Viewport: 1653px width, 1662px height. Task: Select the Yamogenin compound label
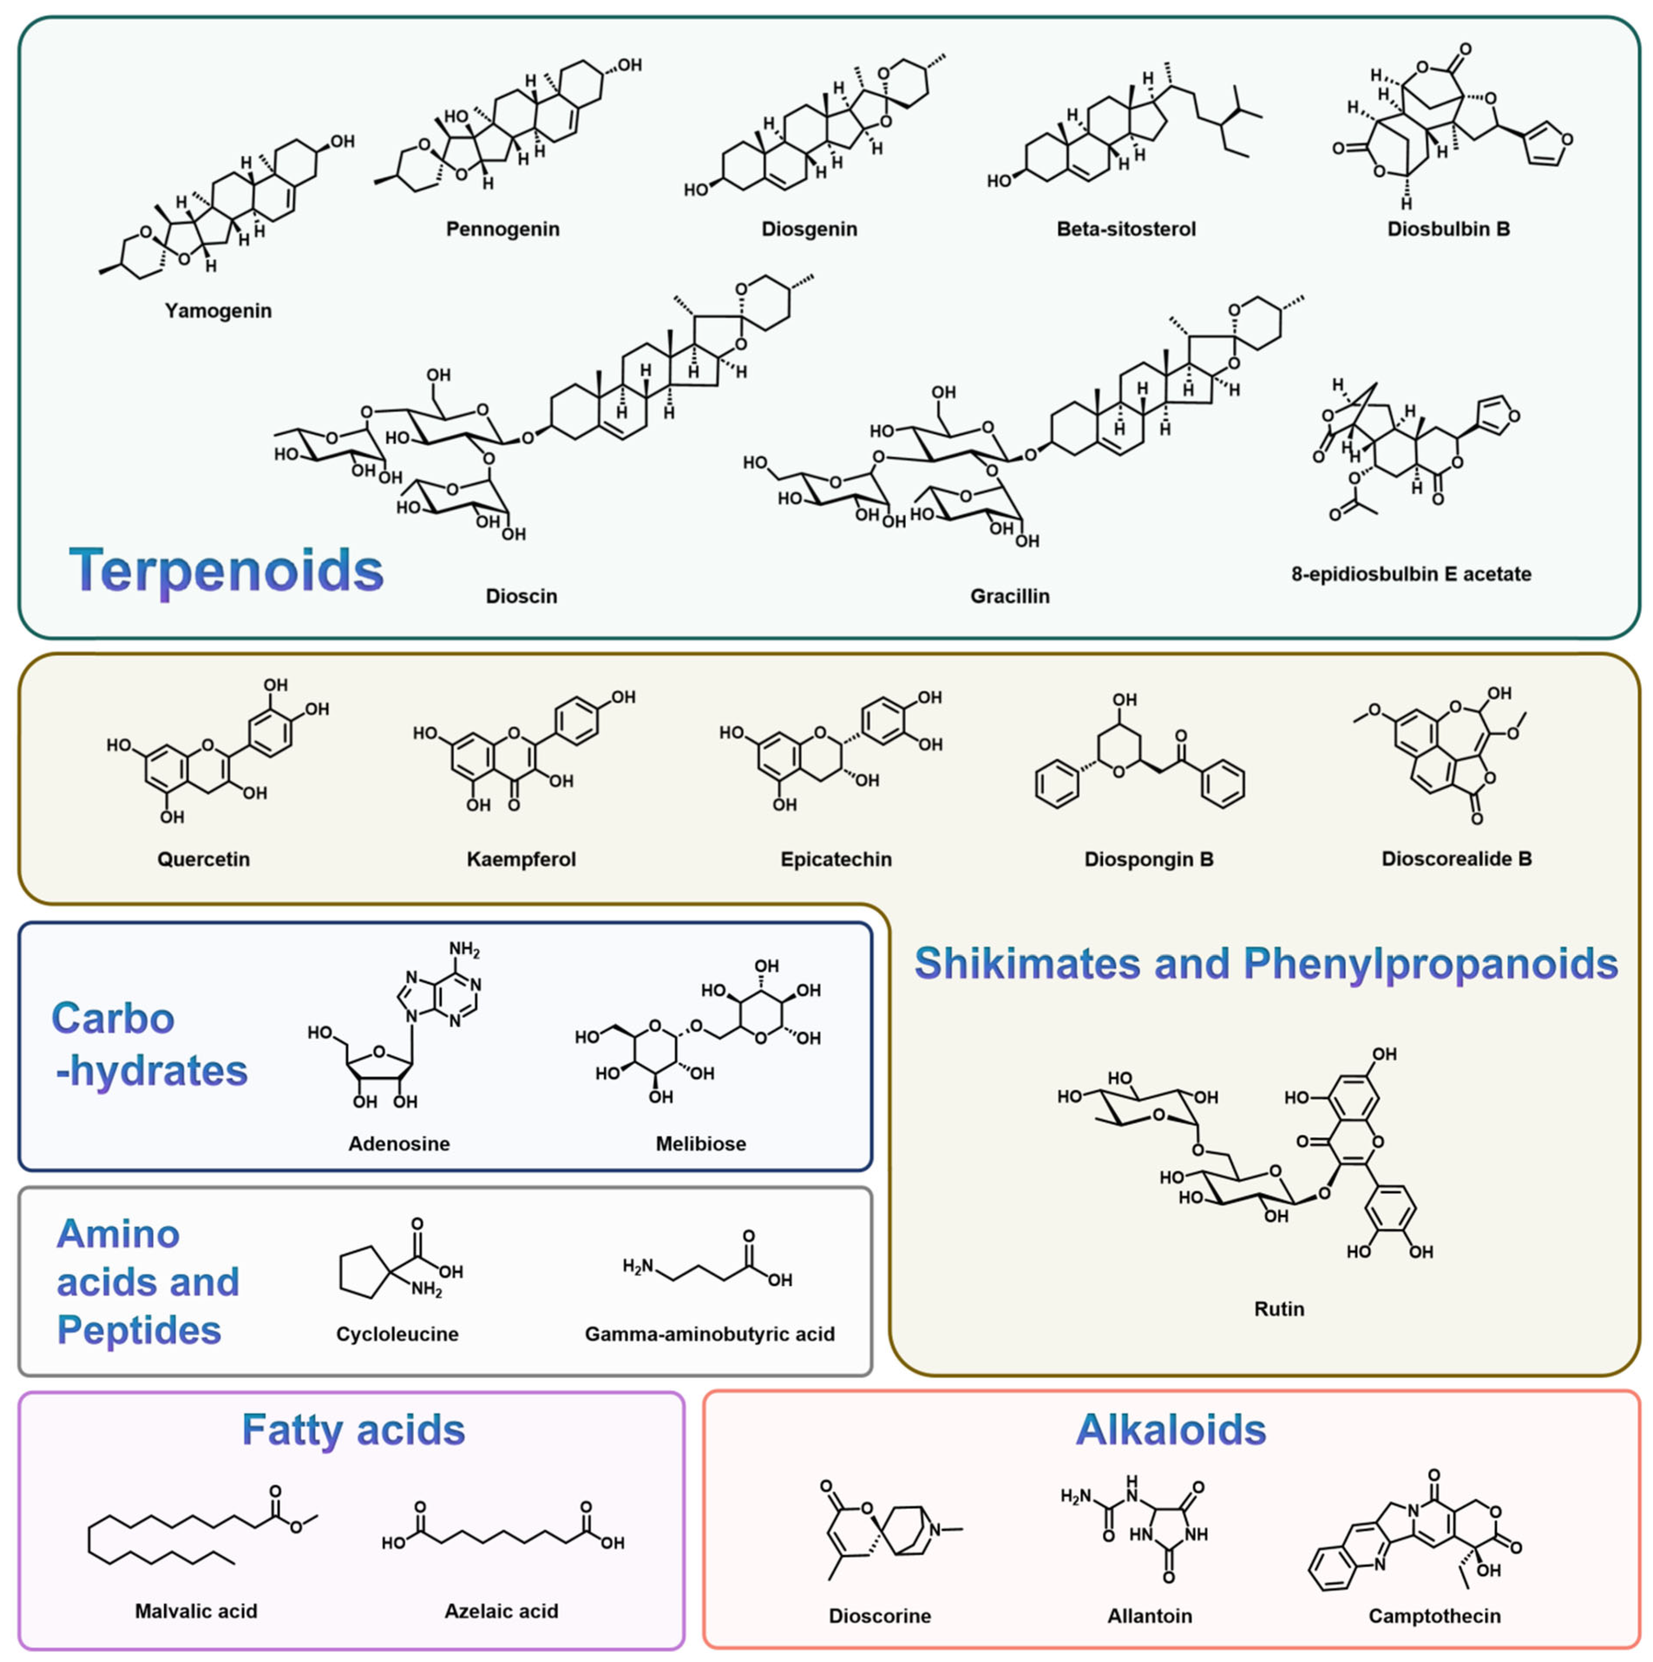[x=219, y=311]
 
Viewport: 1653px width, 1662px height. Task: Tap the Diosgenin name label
[x=809, y=229]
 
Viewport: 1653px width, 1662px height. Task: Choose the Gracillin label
[x=1010, y=596]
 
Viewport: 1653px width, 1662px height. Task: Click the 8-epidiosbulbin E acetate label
[x=1411, y=574]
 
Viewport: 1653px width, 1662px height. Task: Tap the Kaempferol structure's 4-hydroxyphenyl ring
[x=576, y=721]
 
